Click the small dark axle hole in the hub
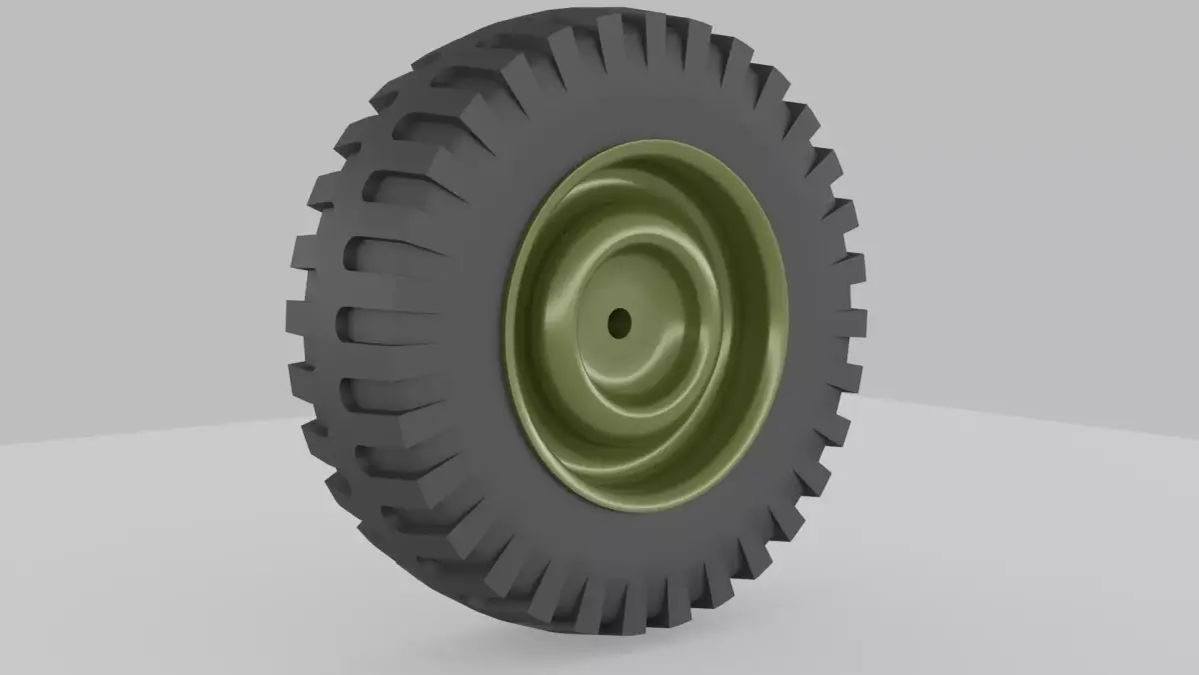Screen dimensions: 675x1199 pos(619,322)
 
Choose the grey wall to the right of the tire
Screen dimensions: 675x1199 pos(1029,200)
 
